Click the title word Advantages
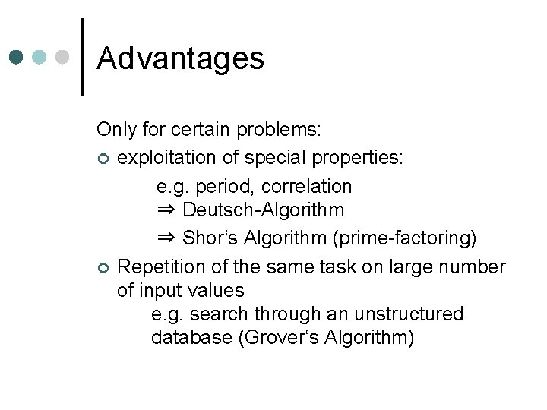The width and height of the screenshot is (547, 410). pyautogui.click(x=181, y=58)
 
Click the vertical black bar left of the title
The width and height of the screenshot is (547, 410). pyautogui.click(x=81, y=57)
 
